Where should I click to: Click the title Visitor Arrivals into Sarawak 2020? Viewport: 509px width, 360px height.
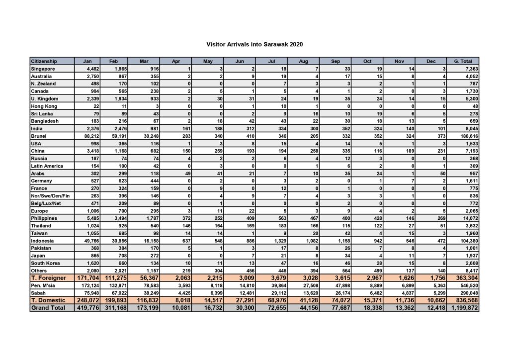coord(254,44)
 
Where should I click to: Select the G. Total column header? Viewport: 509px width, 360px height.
coord(463,61)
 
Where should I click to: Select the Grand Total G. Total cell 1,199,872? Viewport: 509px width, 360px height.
coord(464,308)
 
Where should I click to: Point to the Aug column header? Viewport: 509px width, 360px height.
coord(303,61)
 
